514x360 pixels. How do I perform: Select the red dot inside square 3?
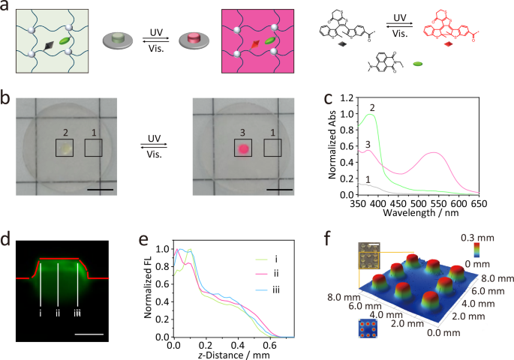pos(243,148)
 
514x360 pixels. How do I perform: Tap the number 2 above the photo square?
pos(65,133)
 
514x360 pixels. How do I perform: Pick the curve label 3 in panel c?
pos(347,144)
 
